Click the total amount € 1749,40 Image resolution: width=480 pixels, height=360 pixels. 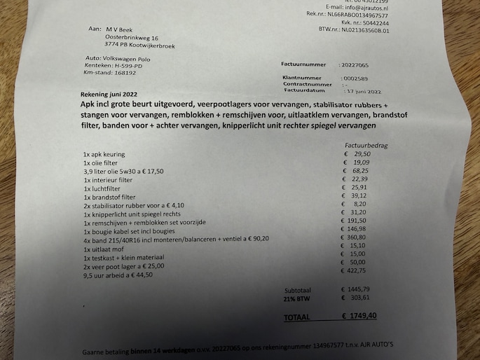point(361,317)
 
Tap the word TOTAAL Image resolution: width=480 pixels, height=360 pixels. point(297,317)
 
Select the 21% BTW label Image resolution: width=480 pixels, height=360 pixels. point(298,298)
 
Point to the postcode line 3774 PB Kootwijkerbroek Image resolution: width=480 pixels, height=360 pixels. point(139,46)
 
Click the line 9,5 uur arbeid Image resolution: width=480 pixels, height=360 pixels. point(118,275)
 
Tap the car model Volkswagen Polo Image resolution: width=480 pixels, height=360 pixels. point(132,58)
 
